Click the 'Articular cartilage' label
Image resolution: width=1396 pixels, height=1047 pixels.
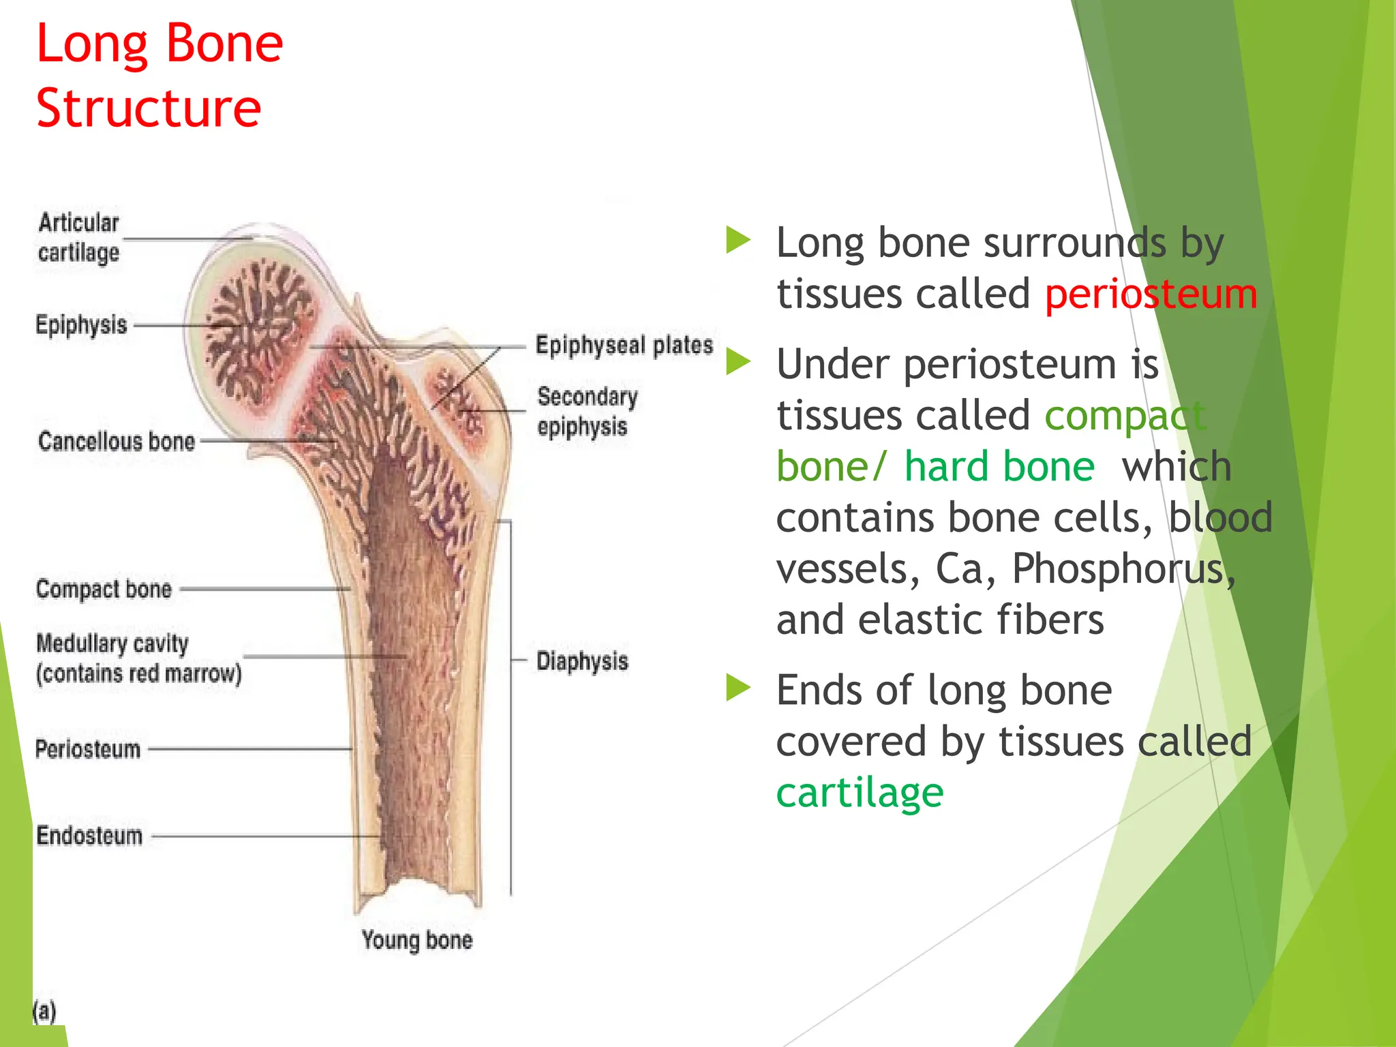78,237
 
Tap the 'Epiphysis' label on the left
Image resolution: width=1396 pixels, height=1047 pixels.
81,325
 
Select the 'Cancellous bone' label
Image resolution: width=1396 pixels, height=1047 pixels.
117,442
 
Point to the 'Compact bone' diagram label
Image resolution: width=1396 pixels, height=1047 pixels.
104,589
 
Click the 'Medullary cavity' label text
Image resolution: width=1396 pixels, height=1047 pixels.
112,643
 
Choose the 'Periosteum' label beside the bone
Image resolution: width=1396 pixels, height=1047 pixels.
88,749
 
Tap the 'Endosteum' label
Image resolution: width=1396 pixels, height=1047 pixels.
89,836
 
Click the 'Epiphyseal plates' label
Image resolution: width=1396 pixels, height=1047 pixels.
624,346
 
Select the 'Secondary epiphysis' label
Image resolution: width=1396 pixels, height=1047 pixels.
587,411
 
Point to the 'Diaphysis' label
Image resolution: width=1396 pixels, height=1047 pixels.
582,661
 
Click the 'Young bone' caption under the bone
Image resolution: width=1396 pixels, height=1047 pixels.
416,940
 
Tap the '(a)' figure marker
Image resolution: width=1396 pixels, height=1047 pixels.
44,1011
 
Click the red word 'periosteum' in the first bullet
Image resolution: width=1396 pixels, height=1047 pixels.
1151,294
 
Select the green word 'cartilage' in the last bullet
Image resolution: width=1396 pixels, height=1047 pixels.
860,793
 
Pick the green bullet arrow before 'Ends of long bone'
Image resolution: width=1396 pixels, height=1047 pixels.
738,688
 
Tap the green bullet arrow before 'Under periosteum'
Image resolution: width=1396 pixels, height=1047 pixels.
738,361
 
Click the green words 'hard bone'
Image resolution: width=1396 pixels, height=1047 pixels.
999,467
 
